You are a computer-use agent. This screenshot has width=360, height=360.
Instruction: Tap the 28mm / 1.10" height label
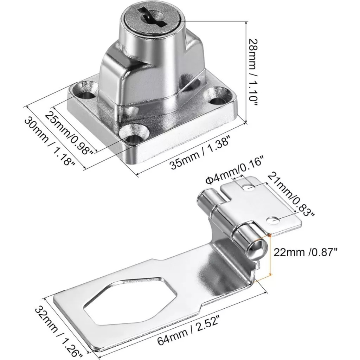[x=252, y=73]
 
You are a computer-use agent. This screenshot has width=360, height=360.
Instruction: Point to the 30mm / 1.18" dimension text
[x=50, y=141]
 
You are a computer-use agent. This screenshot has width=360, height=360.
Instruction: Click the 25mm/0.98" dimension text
[x=69, y=133]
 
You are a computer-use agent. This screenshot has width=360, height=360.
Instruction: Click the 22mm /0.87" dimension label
[x=306, y=252]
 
